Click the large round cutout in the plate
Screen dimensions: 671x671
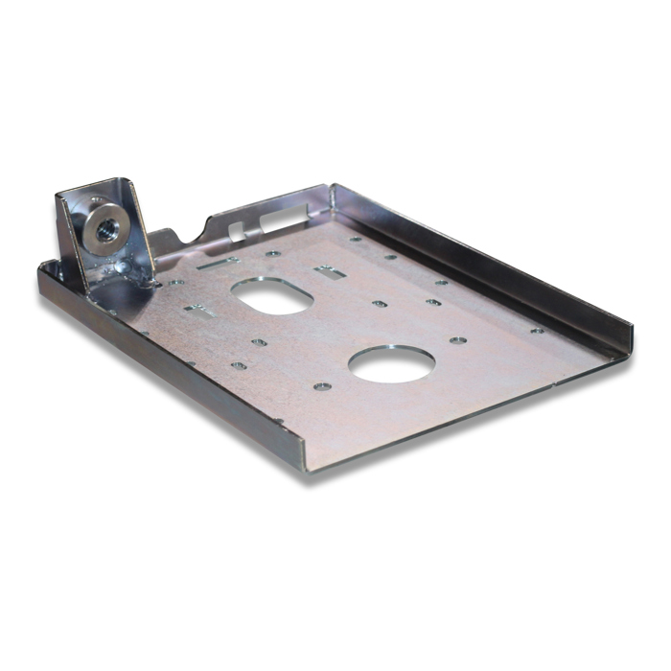pyautogui.click(x=391, y=364)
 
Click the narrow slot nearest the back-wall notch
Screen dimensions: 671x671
pyautogui.click(x=219, y=263)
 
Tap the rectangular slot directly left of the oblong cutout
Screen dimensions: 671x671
pyautogui.click(x=199, y=310)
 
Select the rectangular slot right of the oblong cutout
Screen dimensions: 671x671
pyautogui.click(x=330, y=271)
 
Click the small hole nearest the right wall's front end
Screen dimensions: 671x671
pyautogui.click(x=537, y=331)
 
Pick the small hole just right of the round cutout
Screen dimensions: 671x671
pyautogui.click(x=458, y=340)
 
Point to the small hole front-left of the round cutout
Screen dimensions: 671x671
pyautogui.click(x=322, y=386)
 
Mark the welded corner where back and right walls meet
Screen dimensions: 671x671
pyautogui.click(x=332, y=193)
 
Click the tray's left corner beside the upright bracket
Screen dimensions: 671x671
pyautogui.click(x=44, y=271)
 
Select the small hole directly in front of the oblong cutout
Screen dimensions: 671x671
pyautogui.click(x=259, y=341)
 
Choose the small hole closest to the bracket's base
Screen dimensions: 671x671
pyautogui.click(x=175, y=283)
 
